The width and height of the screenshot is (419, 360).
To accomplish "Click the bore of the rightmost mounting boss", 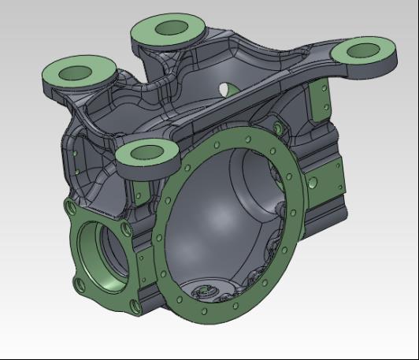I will coord(361,51).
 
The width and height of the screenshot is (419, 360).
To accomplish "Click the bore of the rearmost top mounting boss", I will coord(169,29).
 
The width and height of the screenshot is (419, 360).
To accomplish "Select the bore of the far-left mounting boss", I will coord(77,72).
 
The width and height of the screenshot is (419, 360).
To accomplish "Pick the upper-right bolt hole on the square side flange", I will coord(125,228).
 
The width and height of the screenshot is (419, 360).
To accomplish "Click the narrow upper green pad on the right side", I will coord(320,103).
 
